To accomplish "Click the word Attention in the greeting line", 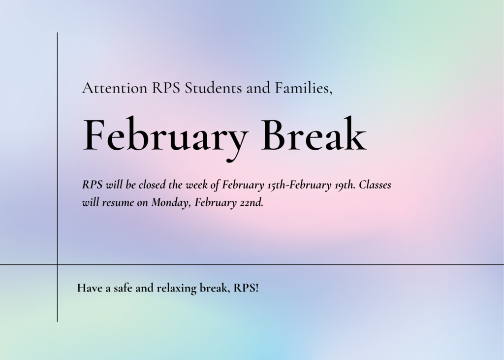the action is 115,88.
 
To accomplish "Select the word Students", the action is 213,88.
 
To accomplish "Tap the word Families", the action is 303,88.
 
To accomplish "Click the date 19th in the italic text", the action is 345,185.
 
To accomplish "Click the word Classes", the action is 375,185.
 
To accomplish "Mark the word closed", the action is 152,185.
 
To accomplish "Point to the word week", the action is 196,185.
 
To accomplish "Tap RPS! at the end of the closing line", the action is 246,288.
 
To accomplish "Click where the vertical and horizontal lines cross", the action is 58,265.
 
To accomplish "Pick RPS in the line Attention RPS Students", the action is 166,88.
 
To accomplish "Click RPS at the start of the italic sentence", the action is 92,185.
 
